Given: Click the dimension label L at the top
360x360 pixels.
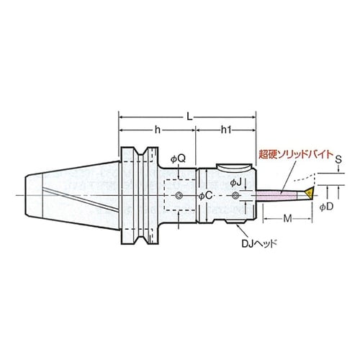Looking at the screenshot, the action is click(189, 117).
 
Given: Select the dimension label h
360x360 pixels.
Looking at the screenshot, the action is click(157, 130).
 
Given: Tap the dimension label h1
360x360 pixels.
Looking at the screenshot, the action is click(226, 130).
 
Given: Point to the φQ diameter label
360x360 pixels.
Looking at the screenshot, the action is click(178, 158).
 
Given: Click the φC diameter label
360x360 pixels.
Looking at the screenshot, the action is click(206, 196).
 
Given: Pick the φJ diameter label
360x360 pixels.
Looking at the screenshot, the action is click(235, 183).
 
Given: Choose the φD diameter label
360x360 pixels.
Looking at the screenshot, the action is click(326, 207).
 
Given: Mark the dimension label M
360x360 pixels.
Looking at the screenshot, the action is click(287, 219).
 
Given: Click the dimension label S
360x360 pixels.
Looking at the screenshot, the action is click(338, 160).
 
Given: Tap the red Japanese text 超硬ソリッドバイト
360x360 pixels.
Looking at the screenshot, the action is click(296, 154).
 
